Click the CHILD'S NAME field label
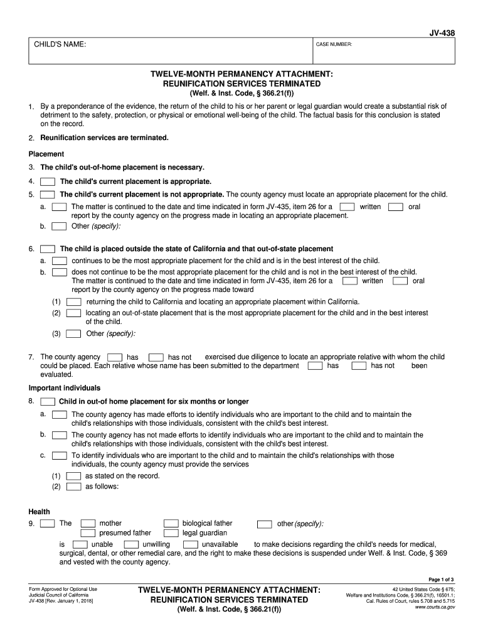click(60, 44)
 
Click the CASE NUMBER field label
click(334, 45)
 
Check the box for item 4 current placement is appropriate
click(48, 181)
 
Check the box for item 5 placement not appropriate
click(48, 195)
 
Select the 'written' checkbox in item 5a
click(347, 207)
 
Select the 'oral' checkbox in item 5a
click(395, 207)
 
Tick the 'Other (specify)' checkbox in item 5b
click(60, 226)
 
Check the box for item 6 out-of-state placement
click(48, 249)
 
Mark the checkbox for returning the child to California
click(73, 301)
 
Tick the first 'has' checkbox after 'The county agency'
click(115, 357)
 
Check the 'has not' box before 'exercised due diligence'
click(156, 357)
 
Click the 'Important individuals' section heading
click(65, 388)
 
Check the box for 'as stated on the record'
click(73, 476)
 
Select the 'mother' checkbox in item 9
click(88, 523)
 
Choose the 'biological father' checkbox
click(171, 523)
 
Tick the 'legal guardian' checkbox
click(171, 533)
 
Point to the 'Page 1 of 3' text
click(441, 579)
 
